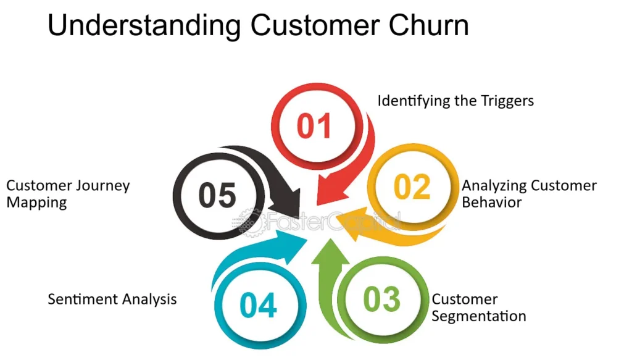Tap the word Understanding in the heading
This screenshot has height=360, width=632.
click(144, 27)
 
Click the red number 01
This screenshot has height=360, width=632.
click(314, 126)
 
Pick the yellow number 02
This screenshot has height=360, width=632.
click(412, 187)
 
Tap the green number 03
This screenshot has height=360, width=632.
click(381, 299)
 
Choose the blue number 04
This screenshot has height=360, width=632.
click(258, 305)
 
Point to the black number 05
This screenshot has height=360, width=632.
click(217, 195)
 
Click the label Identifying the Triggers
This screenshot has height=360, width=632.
click(455, 101)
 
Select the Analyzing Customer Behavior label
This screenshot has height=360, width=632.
click(529, 193)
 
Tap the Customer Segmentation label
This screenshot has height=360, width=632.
click(479, 308)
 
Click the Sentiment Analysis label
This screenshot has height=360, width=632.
click(112, 299)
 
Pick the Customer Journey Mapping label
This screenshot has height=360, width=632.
click(68, 193)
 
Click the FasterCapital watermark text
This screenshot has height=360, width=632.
click(317, 221)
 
